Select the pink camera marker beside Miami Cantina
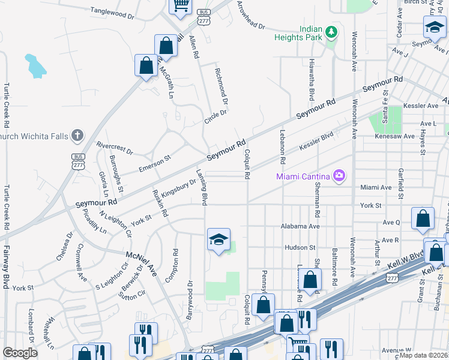pos(339,175)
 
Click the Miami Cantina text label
pos(302,176)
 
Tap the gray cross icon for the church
pos(77,135)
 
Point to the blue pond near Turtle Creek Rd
pos(35,65)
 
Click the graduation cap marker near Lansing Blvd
pos(218,239)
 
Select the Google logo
pos(20,352)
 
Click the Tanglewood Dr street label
pos(112,12)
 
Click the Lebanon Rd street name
pos(282,148)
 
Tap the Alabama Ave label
pos(301,226)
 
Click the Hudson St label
pos(300,247)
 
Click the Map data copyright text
pos(424,355)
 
